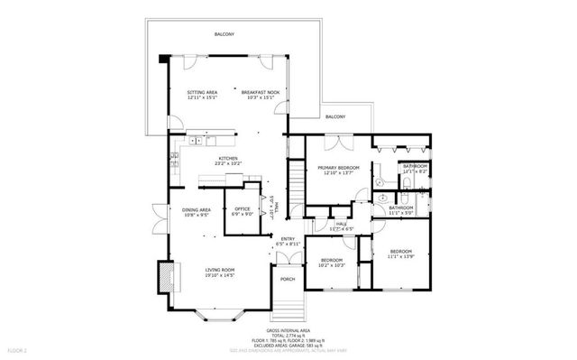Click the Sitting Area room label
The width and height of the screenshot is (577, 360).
click(201, 92)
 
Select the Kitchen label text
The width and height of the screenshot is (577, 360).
click(227, 159)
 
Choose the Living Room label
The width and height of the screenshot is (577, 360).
click(220, 269)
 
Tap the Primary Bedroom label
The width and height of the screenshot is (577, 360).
click(338, 168)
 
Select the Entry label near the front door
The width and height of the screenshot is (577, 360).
click(288, 239)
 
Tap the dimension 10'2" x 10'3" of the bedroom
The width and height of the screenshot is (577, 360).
click(332, 264)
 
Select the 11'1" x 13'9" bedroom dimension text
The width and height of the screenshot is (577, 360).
click(400, 255)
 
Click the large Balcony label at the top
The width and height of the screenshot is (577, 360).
click(224, 34)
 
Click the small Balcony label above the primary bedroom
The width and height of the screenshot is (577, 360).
click(335, 117)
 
